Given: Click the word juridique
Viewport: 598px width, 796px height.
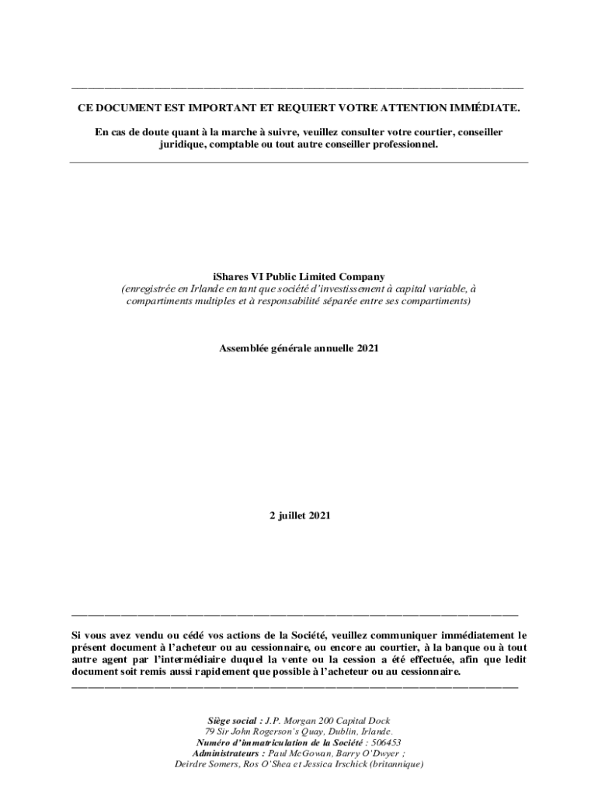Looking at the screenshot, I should point(183,145).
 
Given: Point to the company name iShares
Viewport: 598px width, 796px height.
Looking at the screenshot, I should point(230,276).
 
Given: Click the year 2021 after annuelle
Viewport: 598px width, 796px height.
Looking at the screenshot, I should point(367,348).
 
